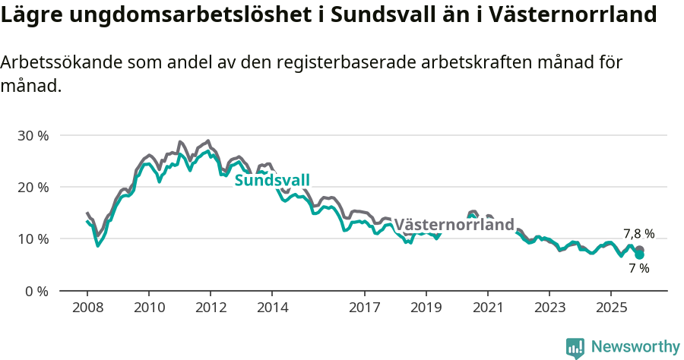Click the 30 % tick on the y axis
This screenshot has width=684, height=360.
tap(33, 135)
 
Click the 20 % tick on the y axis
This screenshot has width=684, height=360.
tap(33, 187)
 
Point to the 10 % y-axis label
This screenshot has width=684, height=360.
tap(33, 238)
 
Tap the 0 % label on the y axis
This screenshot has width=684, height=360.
tap(36, 291)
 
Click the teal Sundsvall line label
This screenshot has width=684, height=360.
tap(272, 180)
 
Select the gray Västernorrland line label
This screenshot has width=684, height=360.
tap(454, 225)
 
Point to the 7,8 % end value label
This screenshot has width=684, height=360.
tap(638, 234)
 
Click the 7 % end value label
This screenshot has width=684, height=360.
tap(638, 268)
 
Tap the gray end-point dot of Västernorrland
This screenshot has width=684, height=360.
tap(640, 250)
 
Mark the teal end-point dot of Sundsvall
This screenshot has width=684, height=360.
tap(640, 255)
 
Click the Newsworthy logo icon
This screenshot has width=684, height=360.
tap(575, 347)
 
